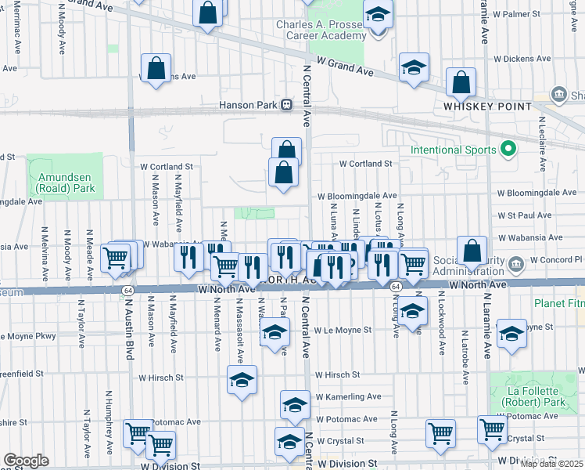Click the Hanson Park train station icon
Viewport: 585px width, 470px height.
click(287, 104)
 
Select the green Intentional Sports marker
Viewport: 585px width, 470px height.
click(508, 149)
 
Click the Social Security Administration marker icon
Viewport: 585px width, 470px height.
click(515, 264)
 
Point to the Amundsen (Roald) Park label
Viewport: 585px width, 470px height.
click(66, 183)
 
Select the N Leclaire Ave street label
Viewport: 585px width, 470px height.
click(540, 145)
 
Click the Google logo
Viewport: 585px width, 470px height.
click(26, 461)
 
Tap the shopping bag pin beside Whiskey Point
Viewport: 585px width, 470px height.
click(461, 81)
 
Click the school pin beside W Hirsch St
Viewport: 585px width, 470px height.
click(242, 381)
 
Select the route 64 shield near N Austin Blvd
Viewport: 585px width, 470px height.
click(127, 290)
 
